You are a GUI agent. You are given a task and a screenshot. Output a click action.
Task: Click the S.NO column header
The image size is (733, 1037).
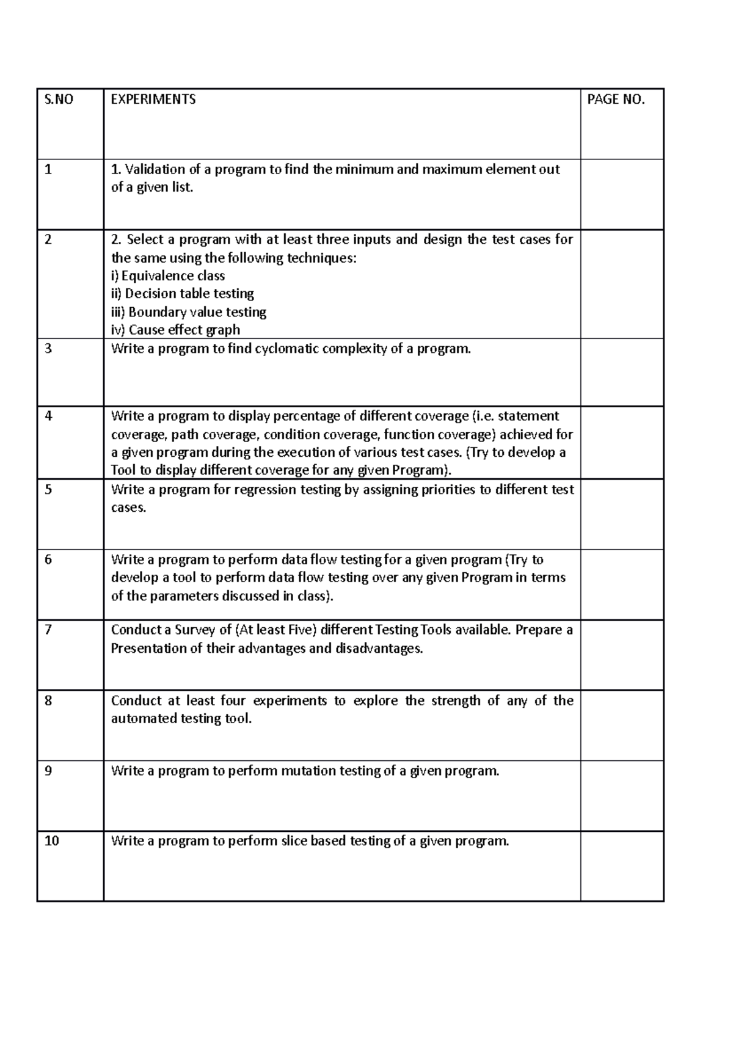[x=59, y=100]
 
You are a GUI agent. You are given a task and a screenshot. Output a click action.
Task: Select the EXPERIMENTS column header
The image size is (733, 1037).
[x=153, y=100]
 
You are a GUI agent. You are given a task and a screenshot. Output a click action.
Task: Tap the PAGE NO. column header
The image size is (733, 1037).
[x=615, y=100]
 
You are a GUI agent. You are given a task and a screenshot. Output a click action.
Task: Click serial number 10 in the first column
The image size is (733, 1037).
[x=52, y=841]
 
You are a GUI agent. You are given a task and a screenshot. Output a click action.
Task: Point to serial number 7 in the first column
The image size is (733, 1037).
[x=48, y=630]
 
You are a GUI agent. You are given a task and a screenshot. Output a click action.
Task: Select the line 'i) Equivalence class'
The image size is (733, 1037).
[x=168, y=275]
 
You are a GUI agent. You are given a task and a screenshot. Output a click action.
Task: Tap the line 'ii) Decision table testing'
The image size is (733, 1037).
[x=183, y=294]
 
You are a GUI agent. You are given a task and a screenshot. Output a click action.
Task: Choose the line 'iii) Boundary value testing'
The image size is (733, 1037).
[x=189, y=312]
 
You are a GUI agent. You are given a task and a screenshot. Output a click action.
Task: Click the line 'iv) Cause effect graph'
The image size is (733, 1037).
[x=176, y=330]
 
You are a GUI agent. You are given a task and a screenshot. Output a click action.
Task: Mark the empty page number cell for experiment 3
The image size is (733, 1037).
[x=621, y=372]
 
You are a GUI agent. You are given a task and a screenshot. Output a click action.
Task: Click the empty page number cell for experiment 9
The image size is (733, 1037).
[x=621, y=795]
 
